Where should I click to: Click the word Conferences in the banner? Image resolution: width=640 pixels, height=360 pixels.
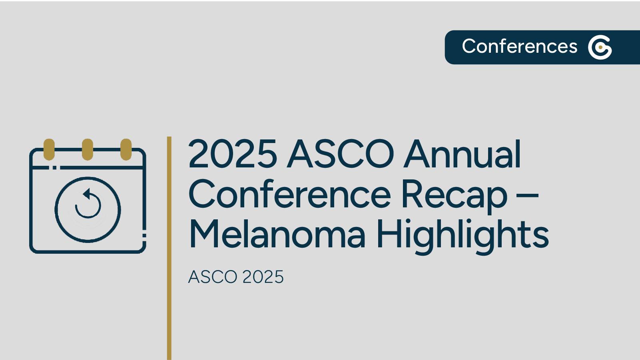(x=519, y=46)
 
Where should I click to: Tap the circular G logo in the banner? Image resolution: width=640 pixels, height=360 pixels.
(x=600, y=47)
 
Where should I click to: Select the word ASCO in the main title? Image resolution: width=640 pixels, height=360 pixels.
(x=341, y=154)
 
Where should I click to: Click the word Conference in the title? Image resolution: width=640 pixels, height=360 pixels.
(x=289, y=195)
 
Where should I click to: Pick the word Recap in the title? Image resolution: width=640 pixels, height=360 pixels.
(x=454, y=195)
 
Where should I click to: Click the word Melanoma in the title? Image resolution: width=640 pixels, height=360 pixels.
(x=277, y=235)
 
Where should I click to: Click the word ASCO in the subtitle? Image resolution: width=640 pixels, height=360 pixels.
(x=213, y=277)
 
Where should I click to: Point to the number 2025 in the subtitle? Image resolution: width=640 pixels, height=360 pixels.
(x=263, y=277)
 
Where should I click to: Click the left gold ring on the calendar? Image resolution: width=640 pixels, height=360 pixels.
(x=49, y=149)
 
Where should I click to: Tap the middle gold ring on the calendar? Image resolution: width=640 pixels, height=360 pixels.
(x=88, y=149)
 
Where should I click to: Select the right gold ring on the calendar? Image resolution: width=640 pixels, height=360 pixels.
(x=126, y=149)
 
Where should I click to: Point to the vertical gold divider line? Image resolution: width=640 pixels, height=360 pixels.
(x=169, y=248)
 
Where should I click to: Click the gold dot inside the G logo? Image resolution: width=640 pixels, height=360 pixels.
(x=600, y=47)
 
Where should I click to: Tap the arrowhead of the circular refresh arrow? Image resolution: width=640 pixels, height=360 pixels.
(x=86, y=194)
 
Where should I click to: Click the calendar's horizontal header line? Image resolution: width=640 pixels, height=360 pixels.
(x=100, y=167)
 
